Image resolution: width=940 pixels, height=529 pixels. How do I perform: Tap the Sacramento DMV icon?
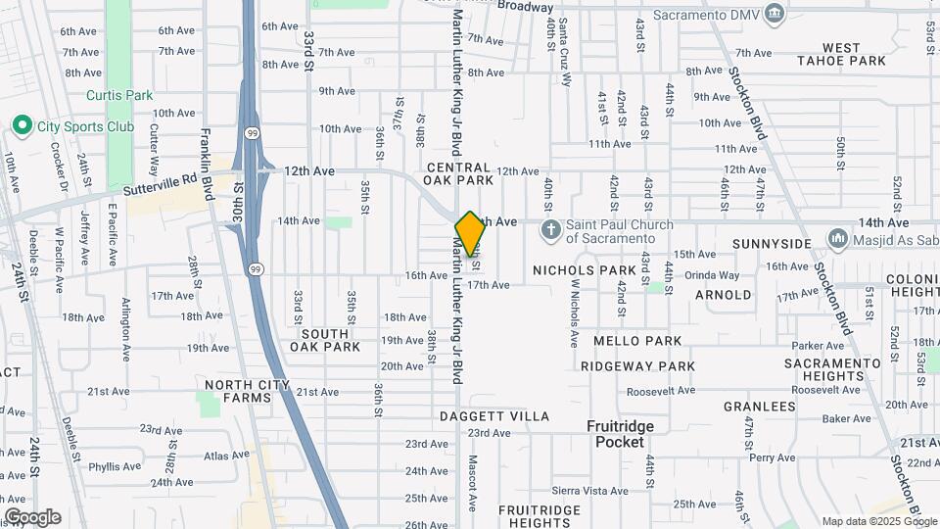click(775, 13)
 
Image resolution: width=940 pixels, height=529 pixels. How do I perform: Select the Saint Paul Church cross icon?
click(551, 231)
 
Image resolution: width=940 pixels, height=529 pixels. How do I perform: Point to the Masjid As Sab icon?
click(837, 238)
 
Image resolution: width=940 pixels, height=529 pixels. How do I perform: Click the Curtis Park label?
click(119, 95)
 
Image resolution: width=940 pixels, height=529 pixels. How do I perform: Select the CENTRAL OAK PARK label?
click(458, 174)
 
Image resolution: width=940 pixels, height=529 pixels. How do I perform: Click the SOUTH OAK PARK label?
click(324, 340)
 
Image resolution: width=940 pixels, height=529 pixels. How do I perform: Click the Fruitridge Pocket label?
click(620, 434)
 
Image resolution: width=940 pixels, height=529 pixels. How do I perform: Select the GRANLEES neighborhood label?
click(759, 407)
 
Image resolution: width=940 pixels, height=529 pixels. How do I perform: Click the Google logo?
click(32, 517)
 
